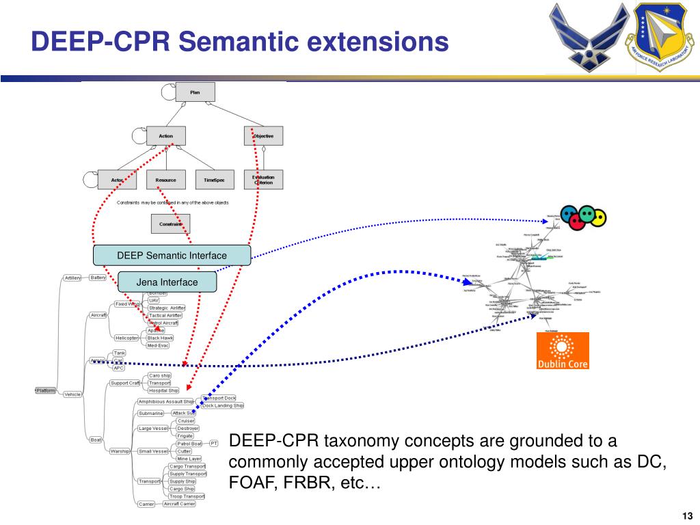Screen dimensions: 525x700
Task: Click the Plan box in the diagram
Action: tap(195, 92)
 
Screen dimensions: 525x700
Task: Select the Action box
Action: tap(166, 136)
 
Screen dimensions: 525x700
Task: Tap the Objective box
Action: tap(263, 136)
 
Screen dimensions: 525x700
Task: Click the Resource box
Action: tap(165, 180)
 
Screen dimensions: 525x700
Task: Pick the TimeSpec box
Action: tap(214, 180)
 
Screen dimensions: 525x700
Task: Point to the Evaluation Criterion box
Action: tap(263, 180)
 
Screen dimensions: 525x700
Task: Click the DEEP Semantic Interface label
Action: tap(172, 256)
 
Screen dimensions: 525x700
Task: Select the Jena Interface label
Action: tap(167, 282)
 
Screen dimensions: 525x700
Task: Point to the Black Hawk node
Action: tap(160, 338)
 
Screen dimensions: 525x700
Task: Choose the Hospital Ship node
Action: tap(163, 390)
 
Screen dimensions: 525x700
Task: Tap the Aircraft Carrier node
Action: tap(178, 504)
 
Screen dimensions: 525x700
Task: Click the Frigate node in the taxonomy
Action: tap(185, 435)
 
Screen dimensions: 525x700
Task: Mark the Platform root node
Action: tap(46, 390)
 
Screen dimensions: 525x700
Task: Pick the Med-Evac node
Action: tap(158, 345)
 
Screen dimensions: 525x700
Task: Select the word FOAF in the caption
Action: tap(247, 484)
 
